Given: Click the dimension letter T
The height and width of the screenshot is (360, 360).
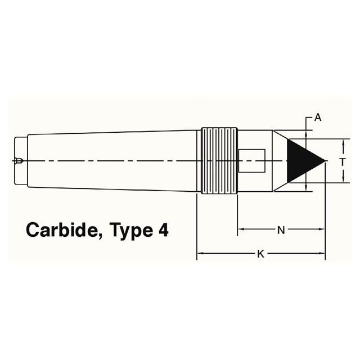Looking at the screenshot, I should (343, 161).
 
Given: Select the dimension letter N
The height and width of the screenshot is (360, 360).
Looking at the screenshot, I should (281, 229).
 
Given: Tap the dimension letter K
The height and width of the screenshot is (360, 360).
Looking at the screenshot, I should (260, 254).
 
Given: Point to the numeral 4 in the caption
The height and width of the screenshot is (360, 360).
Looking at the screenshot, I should (163, 231).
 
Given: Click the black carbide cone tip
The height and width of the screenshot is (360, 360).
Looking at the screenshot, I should (301, 161).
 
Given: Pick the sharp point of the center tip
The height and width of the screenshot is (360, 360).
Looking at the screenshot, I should (326, 161).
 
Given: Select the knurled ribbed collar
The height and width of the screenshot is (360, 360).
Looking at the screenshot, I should (219, 161).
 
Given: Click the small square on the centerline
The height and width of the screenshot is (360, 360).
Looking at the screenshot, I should (251, 161).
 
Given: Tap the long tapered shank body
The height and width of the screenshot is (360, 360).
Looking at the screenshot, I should (112, 161).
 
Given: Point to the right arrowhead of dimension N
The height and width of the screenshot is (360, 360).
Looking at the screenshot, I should (323, 229).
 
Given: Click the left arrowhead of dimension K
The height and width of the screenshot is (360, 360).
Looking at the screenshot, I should (199, 254).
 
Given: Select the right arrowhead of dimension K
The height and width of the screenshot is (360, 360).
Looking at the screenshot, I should (323, 254).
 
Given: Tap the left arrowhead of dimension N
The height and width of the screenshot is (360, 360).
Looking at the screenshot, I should (241, 229).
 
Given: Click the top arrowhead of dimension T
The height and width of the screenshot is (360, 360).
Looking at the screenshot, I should (343, 142).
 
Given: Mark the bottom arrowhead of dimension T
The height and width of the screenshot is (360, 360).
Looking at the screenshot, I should (343, 179).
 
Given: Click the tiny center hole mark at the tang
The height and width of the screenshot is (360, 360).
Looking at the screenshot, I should (19, 161).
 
